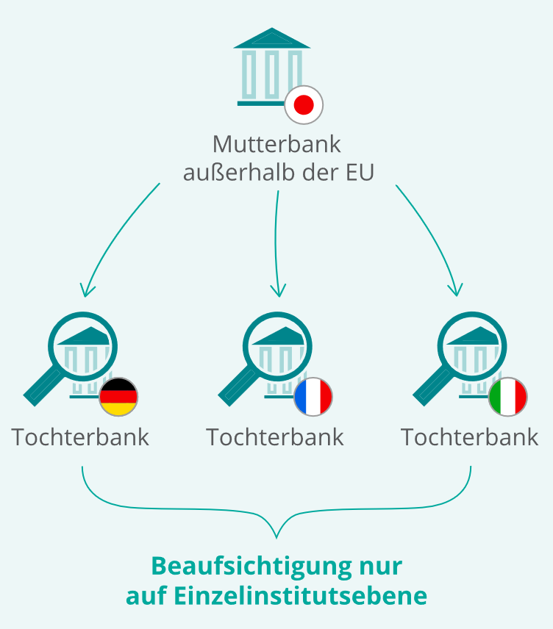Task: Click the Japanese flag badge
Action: point(304,104)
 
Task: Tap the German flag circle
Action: point(118,397)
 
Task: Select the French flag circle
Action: point(313,397)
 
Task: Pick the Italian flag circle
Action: point(508,397)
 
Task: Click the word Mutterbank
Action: point(276,144)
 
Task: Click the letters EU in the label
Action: point(360,173)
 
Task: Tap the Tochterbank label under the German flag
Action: point(80,437)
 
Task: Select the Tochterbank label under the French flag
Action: point(275,437)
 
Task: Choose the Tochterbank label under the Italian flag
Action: point(469,437)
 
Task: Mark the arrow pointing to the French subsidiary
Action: point(276,243)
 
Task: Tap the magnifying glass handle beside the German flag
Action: point(43,387)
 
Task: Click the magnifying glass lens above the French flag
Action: point(277,347)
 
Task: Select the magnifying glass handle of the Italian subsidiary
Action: point(433,387)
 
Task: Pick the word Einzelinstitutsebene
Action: point(300,596)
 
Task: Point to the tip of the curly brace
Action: point(276,538)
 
